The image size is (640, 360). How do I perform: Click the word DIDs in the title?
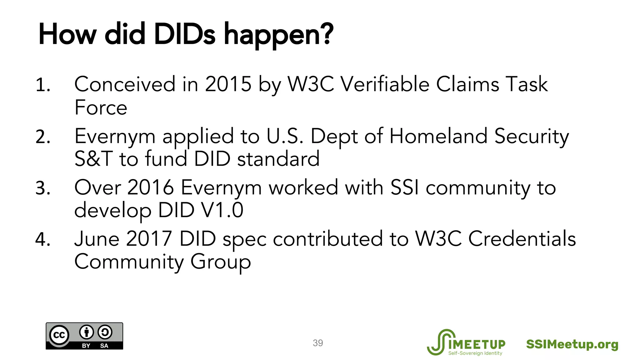pos(184,34)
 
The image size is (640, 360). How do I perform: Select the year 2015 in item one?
pos(228,84)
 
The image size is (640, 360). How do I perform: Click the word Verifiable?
pos(385,84)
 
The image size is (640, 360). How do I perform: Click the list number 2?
pos(43,137)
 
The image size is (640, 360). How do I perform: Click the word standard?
pos(278,158)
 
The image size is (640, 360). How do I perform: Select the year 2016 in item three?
pos(150,187)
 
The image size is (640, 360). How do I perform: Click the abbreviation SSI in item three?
pos(404,187)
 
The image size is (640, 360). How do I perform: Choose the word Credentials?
pos(522,239)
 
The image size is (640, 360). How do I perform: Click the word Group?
pos(220,262)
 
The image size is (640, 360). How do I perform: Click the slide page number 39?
pos(318,343)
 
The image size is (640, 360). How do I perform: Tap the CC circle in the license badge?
pos(59,335)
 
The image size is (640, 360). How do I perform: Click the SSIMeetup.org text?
pos(572,344)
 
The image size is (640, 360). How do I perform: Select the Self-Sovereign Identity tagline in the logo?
pos(475,353)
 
